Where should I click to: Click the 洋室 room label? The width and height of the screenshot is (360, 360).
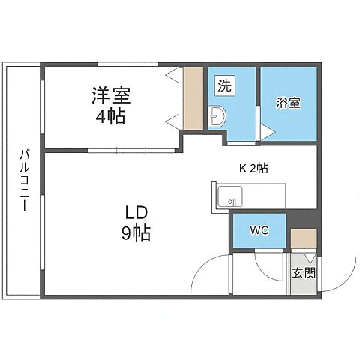click(x=112, y=96)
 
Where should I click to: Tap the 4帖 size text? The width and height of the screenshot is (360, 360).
click(x=111, y=117)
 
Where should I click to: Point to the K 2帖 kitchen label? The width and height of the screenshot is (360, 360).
click(x=253, y=169)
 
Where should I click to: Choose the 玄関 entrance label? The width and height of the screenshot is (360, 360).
click(x=304, y=274)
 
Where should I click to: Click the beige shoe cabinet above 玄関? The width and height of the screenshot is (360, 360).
click(x=303, y=238)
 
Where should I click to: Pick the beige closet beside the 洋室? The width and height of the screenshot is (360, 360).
click(x=193, y=98)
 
